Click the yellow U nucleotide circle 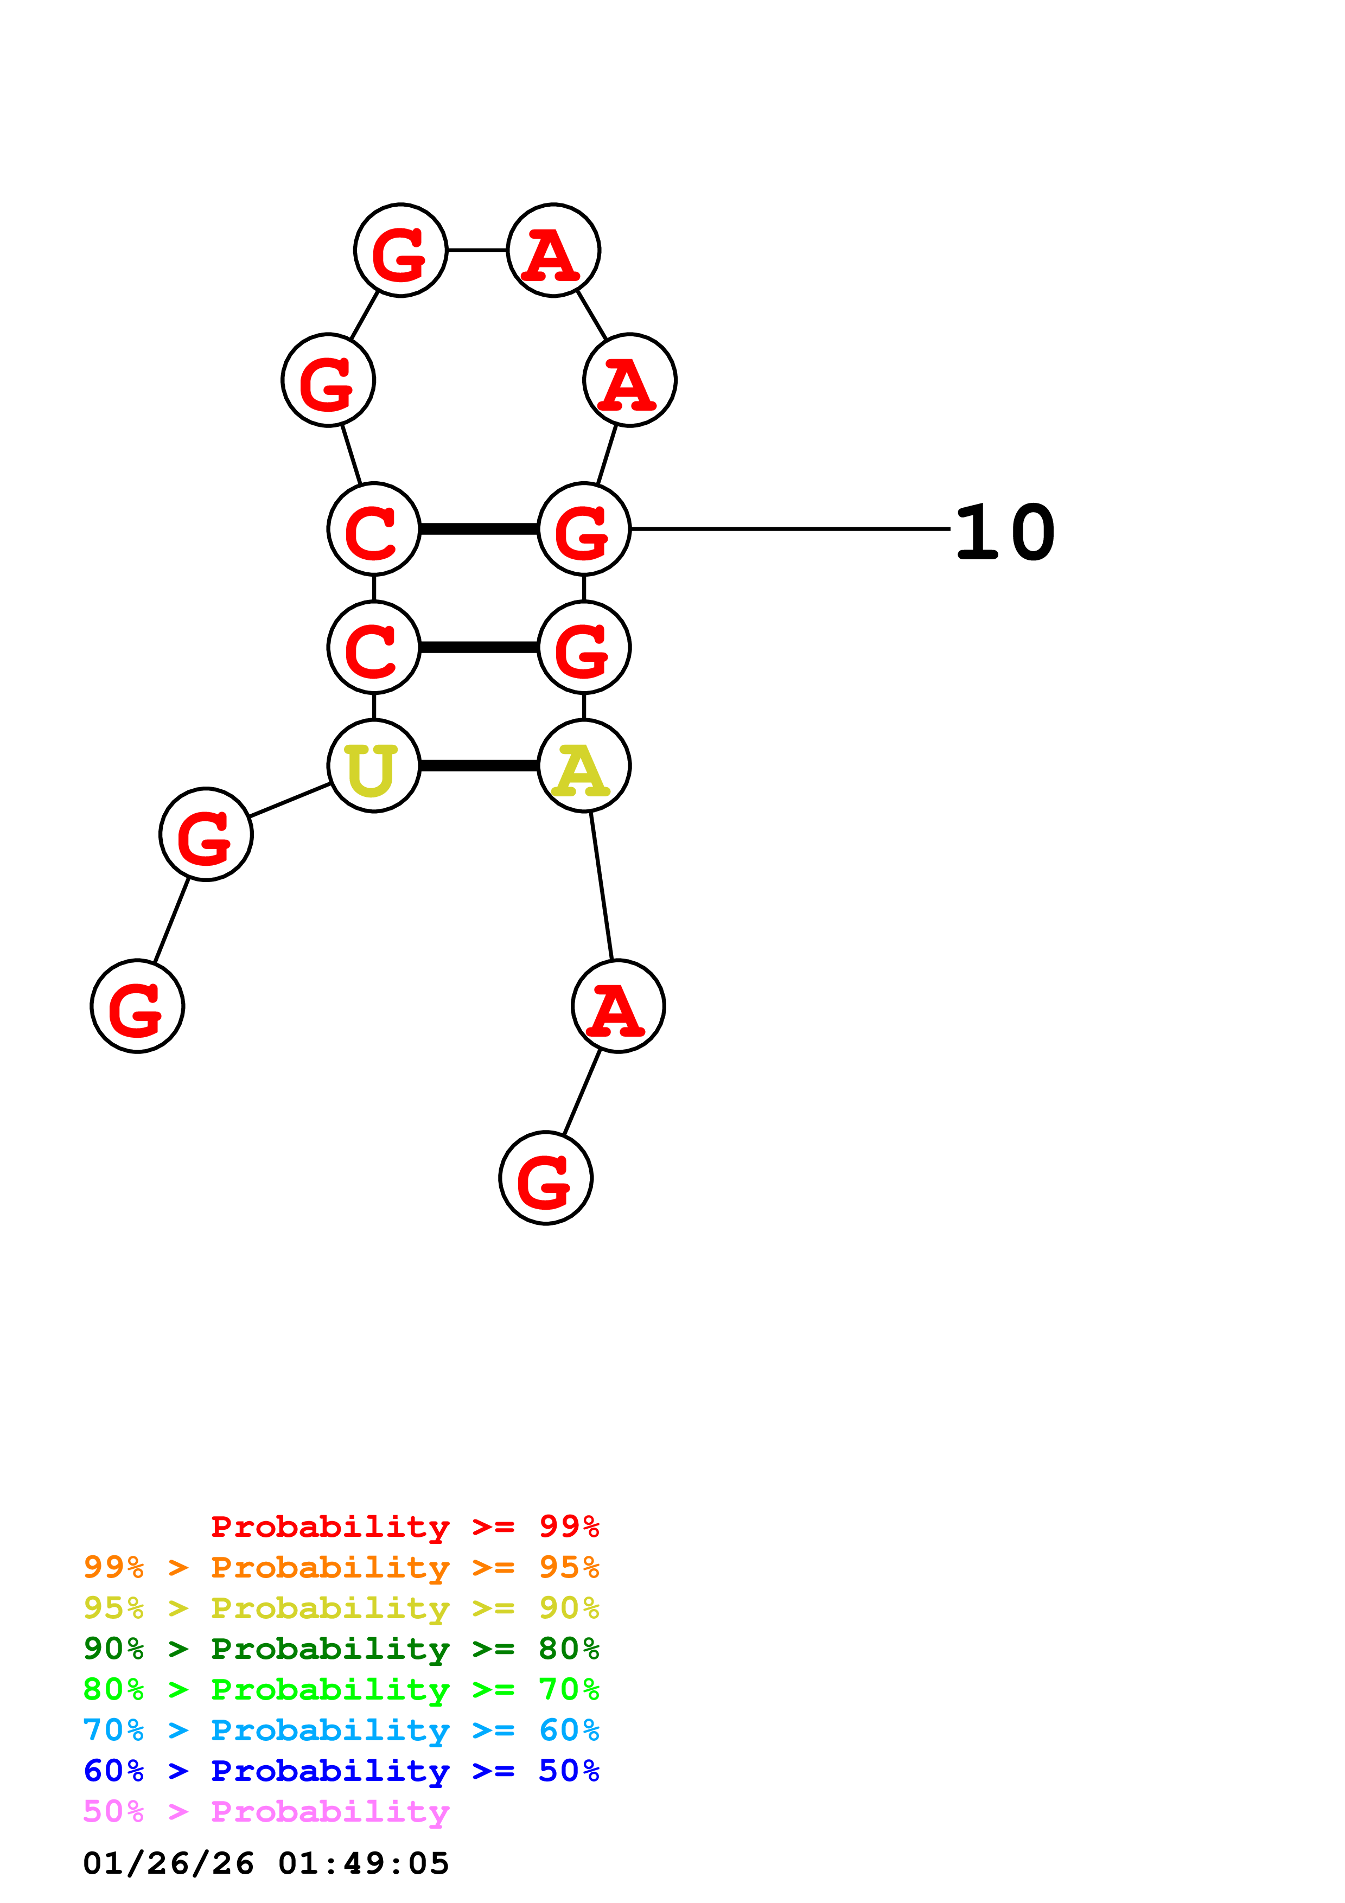tap(374, 766)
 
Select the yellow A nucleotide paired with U tap(584, 766)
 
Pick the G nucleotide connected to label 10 tap(584, 529)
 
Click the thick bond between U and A tap(479, 766)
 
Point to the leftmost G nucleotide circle tap(138, 1006)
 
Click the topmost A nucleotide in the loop tap(553, 250)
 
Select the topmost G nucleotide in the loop tap(401, 250)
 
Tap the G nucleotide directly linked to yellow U tap(206, 835)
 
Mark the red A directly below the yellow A tap(618, 1006)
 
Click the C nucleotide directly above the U tap(374, 647)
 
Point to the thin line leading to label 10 tap(787, 529)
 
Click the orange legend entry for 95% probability tap(341, 1567)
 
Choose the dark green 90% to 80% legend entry tap(341, 1649)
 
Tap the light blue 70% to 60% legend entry tap(341, 1730)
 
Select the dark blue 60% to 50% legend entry tap(341, 1771)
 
